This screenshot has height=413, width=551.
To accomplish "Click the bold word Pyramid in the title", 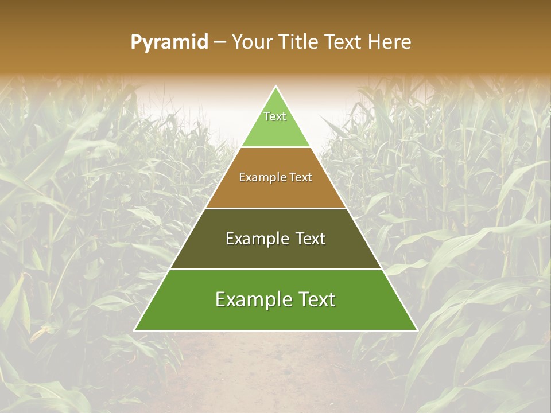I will (x=169, y=42).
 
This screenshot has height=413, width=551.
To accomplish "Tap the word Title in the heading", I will (x=300, y=42).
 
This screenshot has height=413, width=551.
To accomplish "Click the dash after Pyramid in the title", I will (x=220, y=42).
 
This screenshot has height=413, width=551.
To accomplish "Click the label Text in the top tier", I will (x=275, y=116).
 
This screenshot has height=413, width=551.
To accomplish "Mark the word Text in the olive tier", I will (x=311, y=239).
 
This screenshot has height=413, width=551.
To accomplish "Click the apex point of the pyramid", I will (x=276, y=87).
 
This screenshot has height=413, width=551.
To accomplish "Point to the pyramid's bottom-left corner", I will (x=135, y=330).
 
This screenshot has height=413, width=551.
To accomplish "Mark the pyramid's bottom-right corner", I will (x=417, y=330).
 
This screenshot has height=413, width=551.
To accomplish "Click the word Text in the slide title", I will (x=345, y=42).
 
